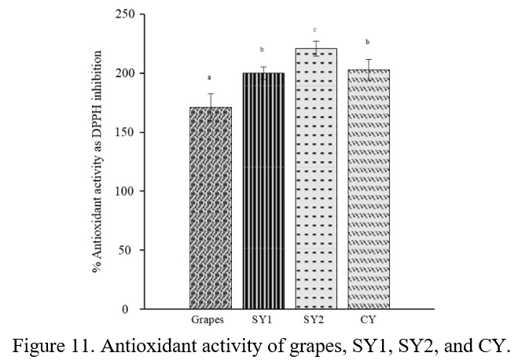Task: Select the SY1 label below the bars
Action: point(263,321)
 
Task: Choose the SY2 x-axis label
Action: point(315,321)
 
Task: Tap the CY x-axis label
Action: point(368,321)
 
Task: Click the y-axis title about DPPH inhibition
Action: point(97,162)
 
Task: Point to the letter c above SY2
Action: point(315,30)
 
